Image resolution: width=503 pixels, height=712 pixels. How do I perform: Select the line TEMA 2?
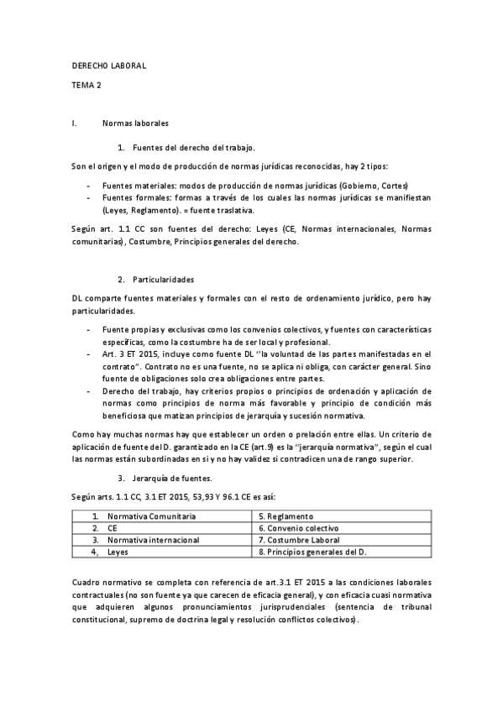pos(86,85)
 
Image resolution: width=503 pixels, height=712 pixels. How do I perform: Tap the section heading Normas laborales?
pos(135,123)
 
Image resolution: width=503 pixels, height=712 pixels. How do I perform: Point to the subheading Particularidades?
pos(164,279)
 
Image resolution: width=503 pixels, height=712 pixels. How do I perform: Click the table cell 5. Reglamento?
pos(286,515)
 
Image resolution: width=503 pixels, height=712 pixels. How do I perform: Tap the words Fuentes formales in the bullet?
pos(131,197)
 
